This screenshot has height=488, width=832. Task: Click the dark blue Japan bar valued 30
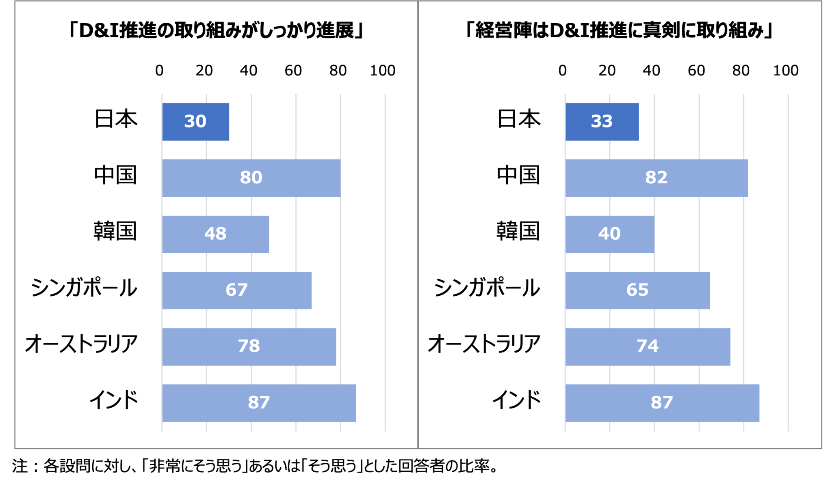(195, 122)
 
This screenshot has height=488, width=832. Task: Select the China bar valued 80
(251, 178)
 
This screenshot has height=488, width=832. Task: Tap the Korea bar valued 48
(215, 234)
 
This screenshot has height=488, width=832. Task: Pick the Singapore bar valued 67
(237, 290)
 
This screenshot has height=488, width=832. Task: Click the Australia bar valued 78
(249, 347)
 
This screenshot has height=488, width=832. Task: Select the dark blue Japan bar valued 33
(602, 122)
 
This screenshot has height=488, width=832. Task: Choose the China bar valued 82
(656, 178)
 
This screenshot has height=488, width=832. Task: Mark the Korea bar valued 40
(610, 234)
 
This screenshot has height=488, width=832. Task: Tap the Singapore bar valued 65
(637, 290)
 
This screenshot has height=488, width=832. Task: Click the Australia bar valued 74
(648, 347)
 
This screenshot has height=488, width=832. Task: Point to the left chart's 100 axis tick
(383, 71)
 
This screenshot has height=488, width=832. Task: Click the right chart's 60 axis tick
(696, 71)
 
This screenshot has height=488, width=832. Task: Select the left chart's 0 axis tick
(159, 71)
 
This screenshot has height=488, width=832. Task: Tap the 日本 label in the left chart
(116, 119)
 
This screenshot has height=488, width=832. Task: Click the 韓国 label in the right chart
(518, 231)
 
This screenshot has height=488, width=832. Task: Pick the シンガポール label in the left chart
(84, 288)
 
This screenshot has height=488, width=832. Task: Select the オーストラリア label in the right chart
(484, 344)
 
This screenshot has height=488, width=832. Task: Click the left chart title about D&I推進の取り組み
(216, 30)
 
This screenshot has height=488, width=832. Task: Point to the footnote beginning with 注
(255, 466)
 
